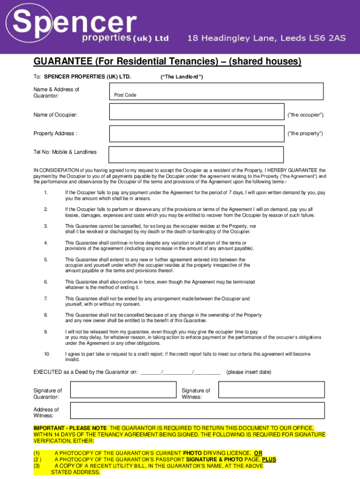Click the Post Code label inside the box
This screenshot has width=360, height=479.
coord(125,95)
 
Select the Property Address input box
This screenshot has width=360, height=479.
coord(196,133)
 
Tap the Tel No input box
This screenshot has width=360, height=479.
coord(196,154)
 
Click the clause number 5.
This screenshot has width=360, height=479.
coord(46,260)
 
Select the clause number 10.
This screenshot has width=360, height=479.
coord(47,354)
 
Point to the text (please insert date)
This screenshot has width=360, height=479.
coord(249,372)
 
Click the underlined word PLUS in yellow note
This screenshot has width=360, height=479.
coord(269,460)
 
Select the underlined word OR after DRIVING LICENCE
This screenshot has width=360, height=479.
coord(258,453)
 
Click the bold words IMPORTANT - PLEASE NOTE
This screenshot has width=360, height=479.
coord(70,428)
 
